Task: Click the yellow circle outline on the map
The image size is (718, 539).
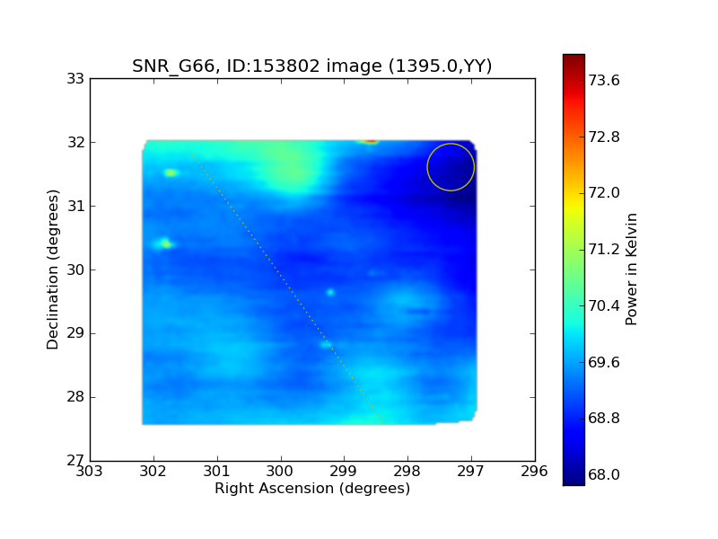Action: [x=427, y=167]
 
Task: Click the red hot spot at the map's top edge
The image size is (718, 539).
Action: [x=371, y=141]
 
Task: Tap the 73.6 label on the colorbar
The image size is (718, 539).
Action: [x=603, y=81]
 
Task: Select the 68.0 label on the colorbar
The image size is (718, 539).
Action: [x=603, y=475]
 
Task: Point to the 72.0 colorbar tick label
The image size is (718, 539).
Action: [x=603, y=193]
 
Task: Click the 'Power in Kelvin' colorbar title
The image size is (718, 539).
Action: [x=631, y=269]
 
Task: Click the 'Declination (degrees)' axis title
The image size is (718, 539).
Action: [x=53, y=269]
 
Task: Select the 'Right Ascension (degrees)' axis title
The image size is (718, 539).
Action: [x=312, y=489]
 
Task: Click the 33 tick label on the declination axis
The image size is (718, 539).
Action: [x=75, y=79]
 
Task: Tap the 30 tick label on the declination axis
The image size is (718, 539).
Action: [x=75, y=270]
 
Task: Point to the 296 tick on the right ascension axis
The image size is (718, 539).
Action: [x=534, y=471]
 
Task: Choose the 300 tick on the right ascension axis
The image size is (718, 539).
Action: [x=280, y=471]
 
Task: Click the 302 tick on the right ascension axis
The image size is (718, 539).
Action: [x=153, y=471]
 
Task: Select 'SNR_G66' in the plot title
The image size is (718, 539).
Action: [x=172, y=66]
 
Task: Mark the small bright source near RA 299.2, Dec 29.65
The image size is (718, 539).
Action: [x=330, y=293]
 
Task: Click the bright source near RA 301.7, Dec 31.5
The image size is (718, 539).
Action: [x=171, y=172]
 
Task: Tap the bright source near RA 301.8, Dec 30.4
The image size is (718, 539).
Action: [x=164, y=243]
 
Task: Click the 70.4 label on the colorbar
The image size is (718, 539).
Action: [x=603, y=305]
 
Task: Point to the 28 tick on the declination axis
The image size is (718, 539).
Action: [x=75, y=397]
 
